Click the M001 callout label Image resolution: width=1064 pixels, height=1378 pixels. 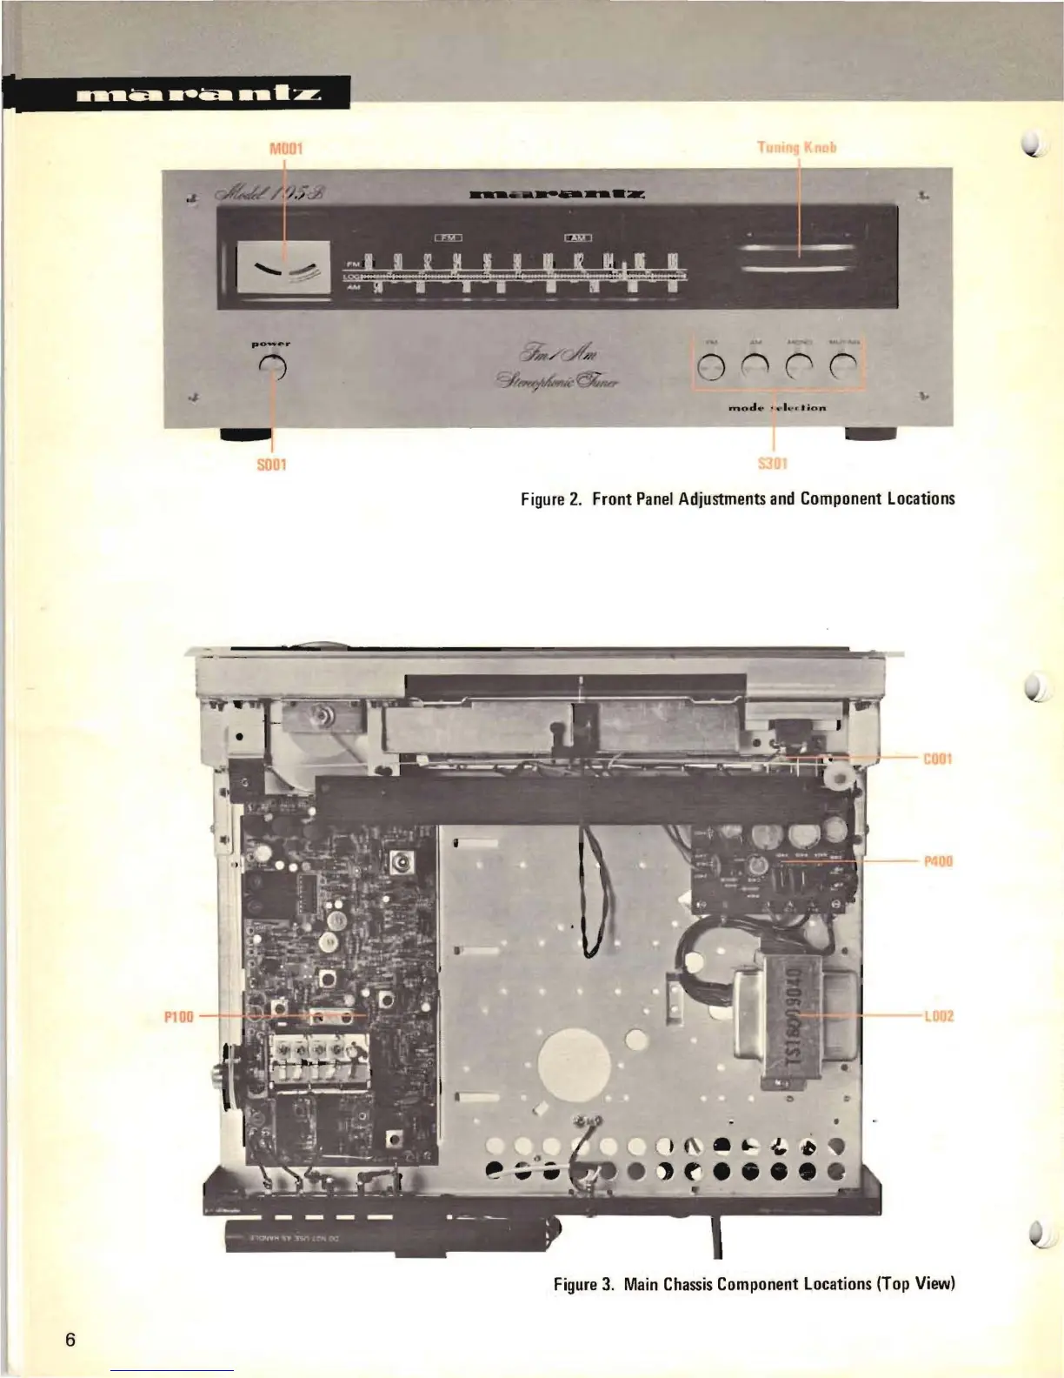[x=285, y=148]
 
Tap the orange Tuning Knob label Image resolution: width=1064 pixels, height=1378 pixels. [x=797, y=147]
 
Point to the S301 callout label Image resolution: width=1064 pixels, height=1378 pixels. [x=773, y=464]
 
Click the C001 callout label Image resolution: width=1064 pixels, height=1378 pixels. [x=937, y=759]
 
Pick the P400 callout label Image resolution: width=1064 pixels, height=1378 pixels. [x=937, y=861]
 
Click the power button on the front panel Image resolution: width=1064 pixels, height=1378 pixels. [x=273, y=368]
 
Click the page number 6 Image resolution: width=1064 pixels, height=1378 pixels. [x=70, y=1339]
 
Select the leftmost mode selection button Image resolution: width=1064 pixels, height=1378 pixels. [x=711, y=368]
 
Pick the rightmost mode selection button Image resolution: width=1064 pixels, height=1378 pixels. [x=842, y=368]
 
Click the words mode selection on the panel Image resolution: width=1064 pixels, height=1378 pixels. [x=776, y=407]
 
